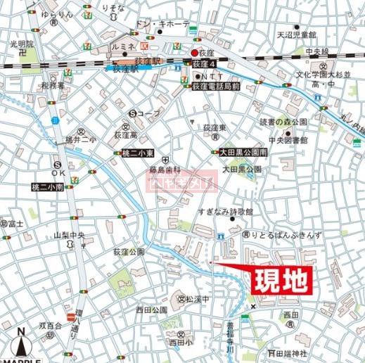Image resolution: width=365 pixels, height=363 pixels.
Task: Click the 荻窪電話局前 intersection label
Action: (216, 86)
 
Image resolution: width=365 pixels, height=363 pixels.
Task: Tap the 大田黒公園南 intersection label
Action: (239, 153)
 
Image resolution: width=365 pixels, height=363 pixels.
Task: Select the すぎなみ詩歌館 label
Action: (229, 211)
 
